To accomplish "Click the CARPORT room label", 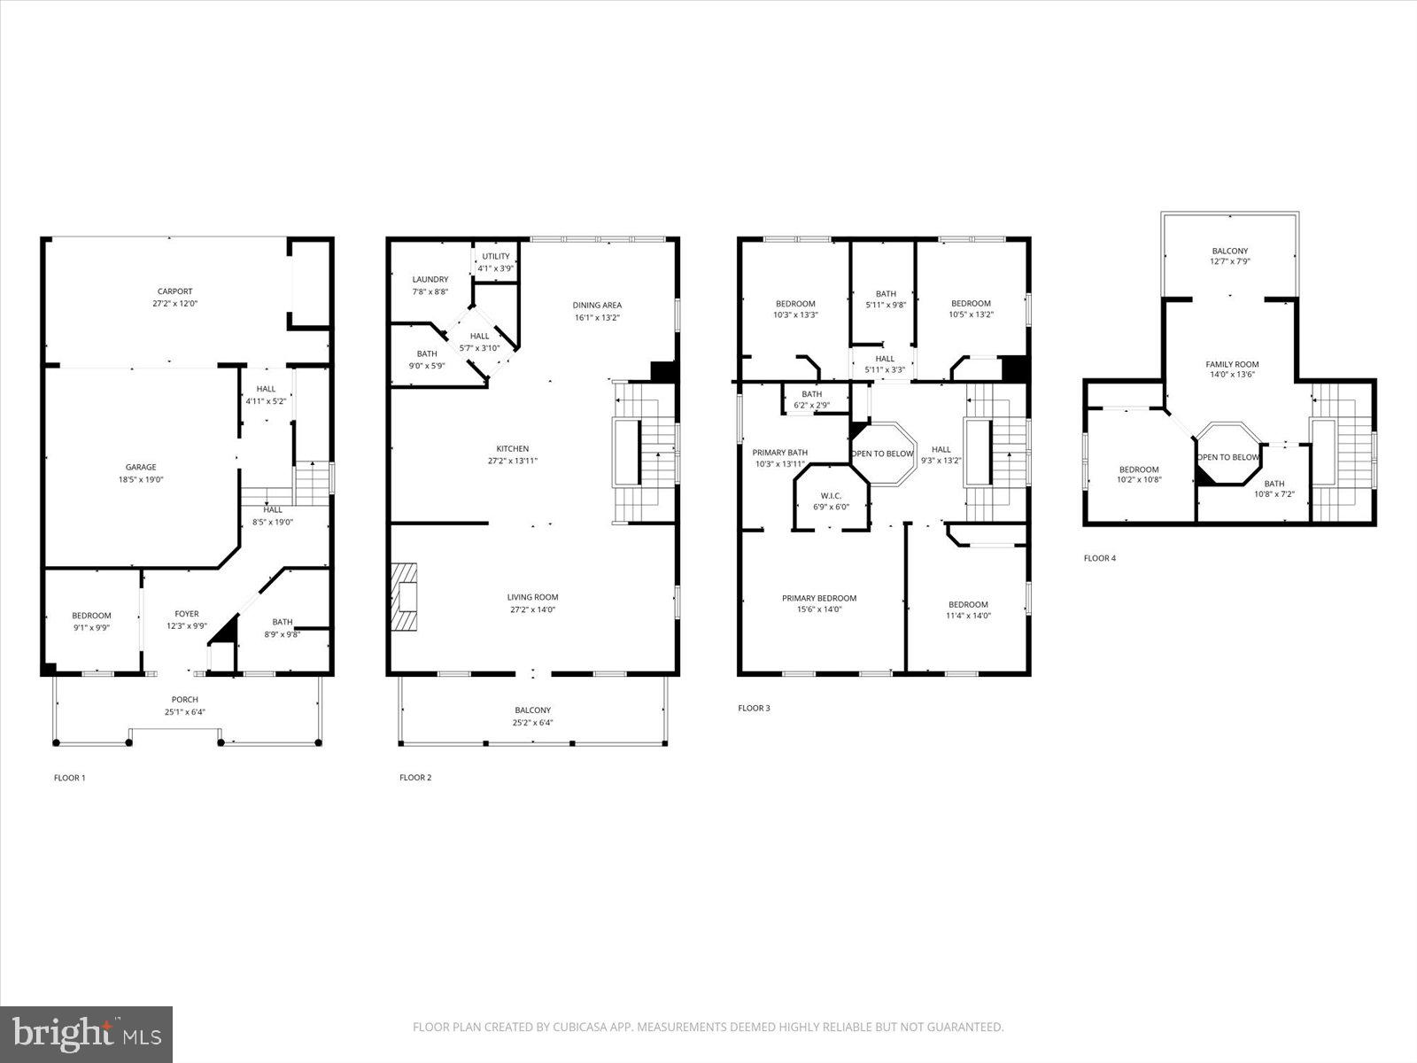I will pos(174,291).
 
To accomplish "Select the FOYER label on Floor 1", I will pos(187,614).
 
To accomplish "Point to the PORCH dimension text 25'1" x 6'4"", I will pos(185,712).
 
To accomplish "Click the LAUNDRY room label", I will pos(430,280).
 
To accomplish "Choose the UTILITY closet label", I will pos(496,257).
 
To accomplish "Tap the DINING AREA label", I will pos(597,306).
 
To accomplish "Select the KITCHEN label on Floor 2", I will pos(512,449).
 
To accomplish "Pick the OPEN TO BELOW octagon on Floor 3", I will pos(882,454).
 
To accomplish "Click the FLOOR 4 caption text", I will pos(1100,558).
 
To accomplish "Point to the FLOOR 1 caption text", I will pos(70,778).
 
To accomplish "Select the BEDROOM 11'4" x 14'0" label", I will pos(968,610).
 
